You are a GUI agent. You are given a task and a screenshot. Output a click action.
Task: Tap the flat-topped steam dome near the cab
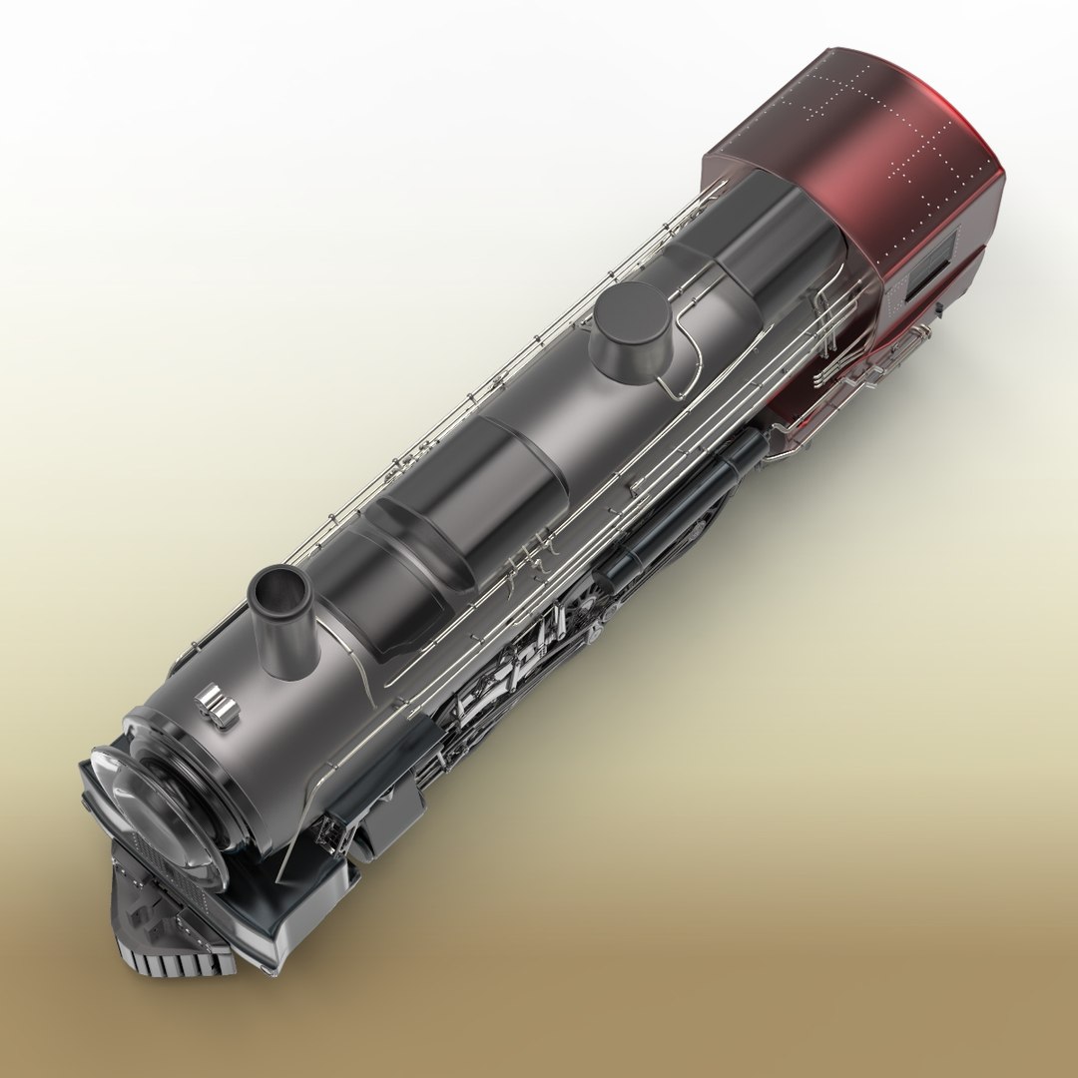(631, 319)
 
